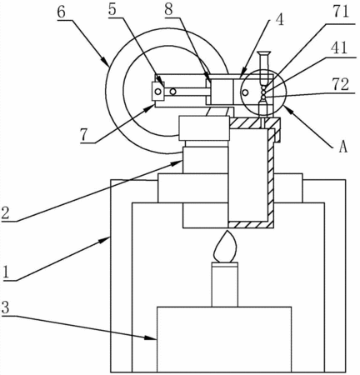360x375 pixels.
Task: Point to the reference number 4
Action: [279, 19]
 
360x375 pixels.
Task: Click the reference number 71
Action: [340, 12]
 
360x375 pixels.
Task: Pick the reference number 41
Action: [338, 47]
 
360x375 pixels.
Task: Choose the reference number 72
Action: [340, 84]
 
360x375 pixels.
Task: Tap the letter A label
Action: [343, 147]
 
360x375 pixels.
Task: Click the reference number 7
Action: [85, 135]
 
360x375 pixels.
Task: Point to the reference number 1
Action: [7, 272]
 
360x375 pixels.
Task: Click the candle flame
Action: [224, 247]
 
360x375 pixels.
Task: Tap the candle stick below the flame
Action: [225, 284]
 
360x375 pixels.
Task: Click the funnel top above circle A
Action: [263, 53]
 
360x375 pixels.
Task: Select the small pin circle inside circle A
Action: [245, 92]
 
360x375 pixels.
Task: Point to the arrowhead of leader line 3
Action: [150, 337]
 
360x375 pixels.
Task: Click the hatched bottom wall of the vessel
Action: [251, 225]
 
